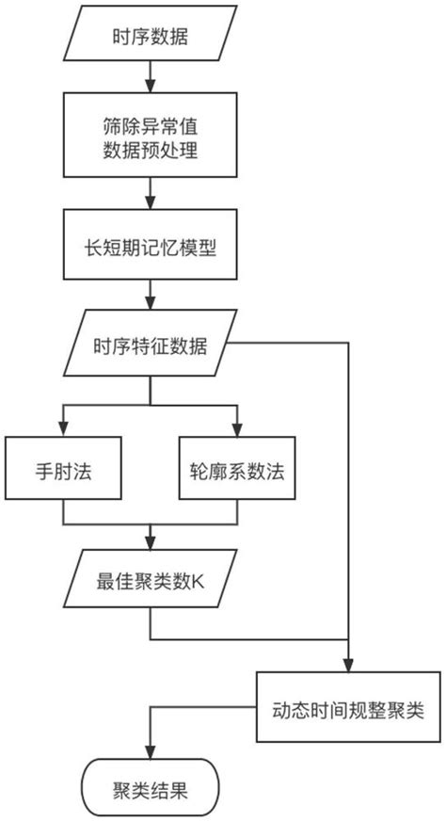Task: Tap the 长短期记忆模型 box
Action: point(150,250)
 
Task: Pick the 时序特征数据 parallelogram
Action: point(150,352)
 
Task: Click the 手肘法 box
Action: point(63,468)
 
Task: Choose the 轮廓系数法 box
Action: point(236,468)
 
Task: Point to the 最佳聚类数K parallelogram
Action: point(150,583)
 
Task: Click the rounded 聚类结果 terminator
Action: point(150,788)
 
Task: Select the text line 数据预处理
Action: point(150,150)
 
